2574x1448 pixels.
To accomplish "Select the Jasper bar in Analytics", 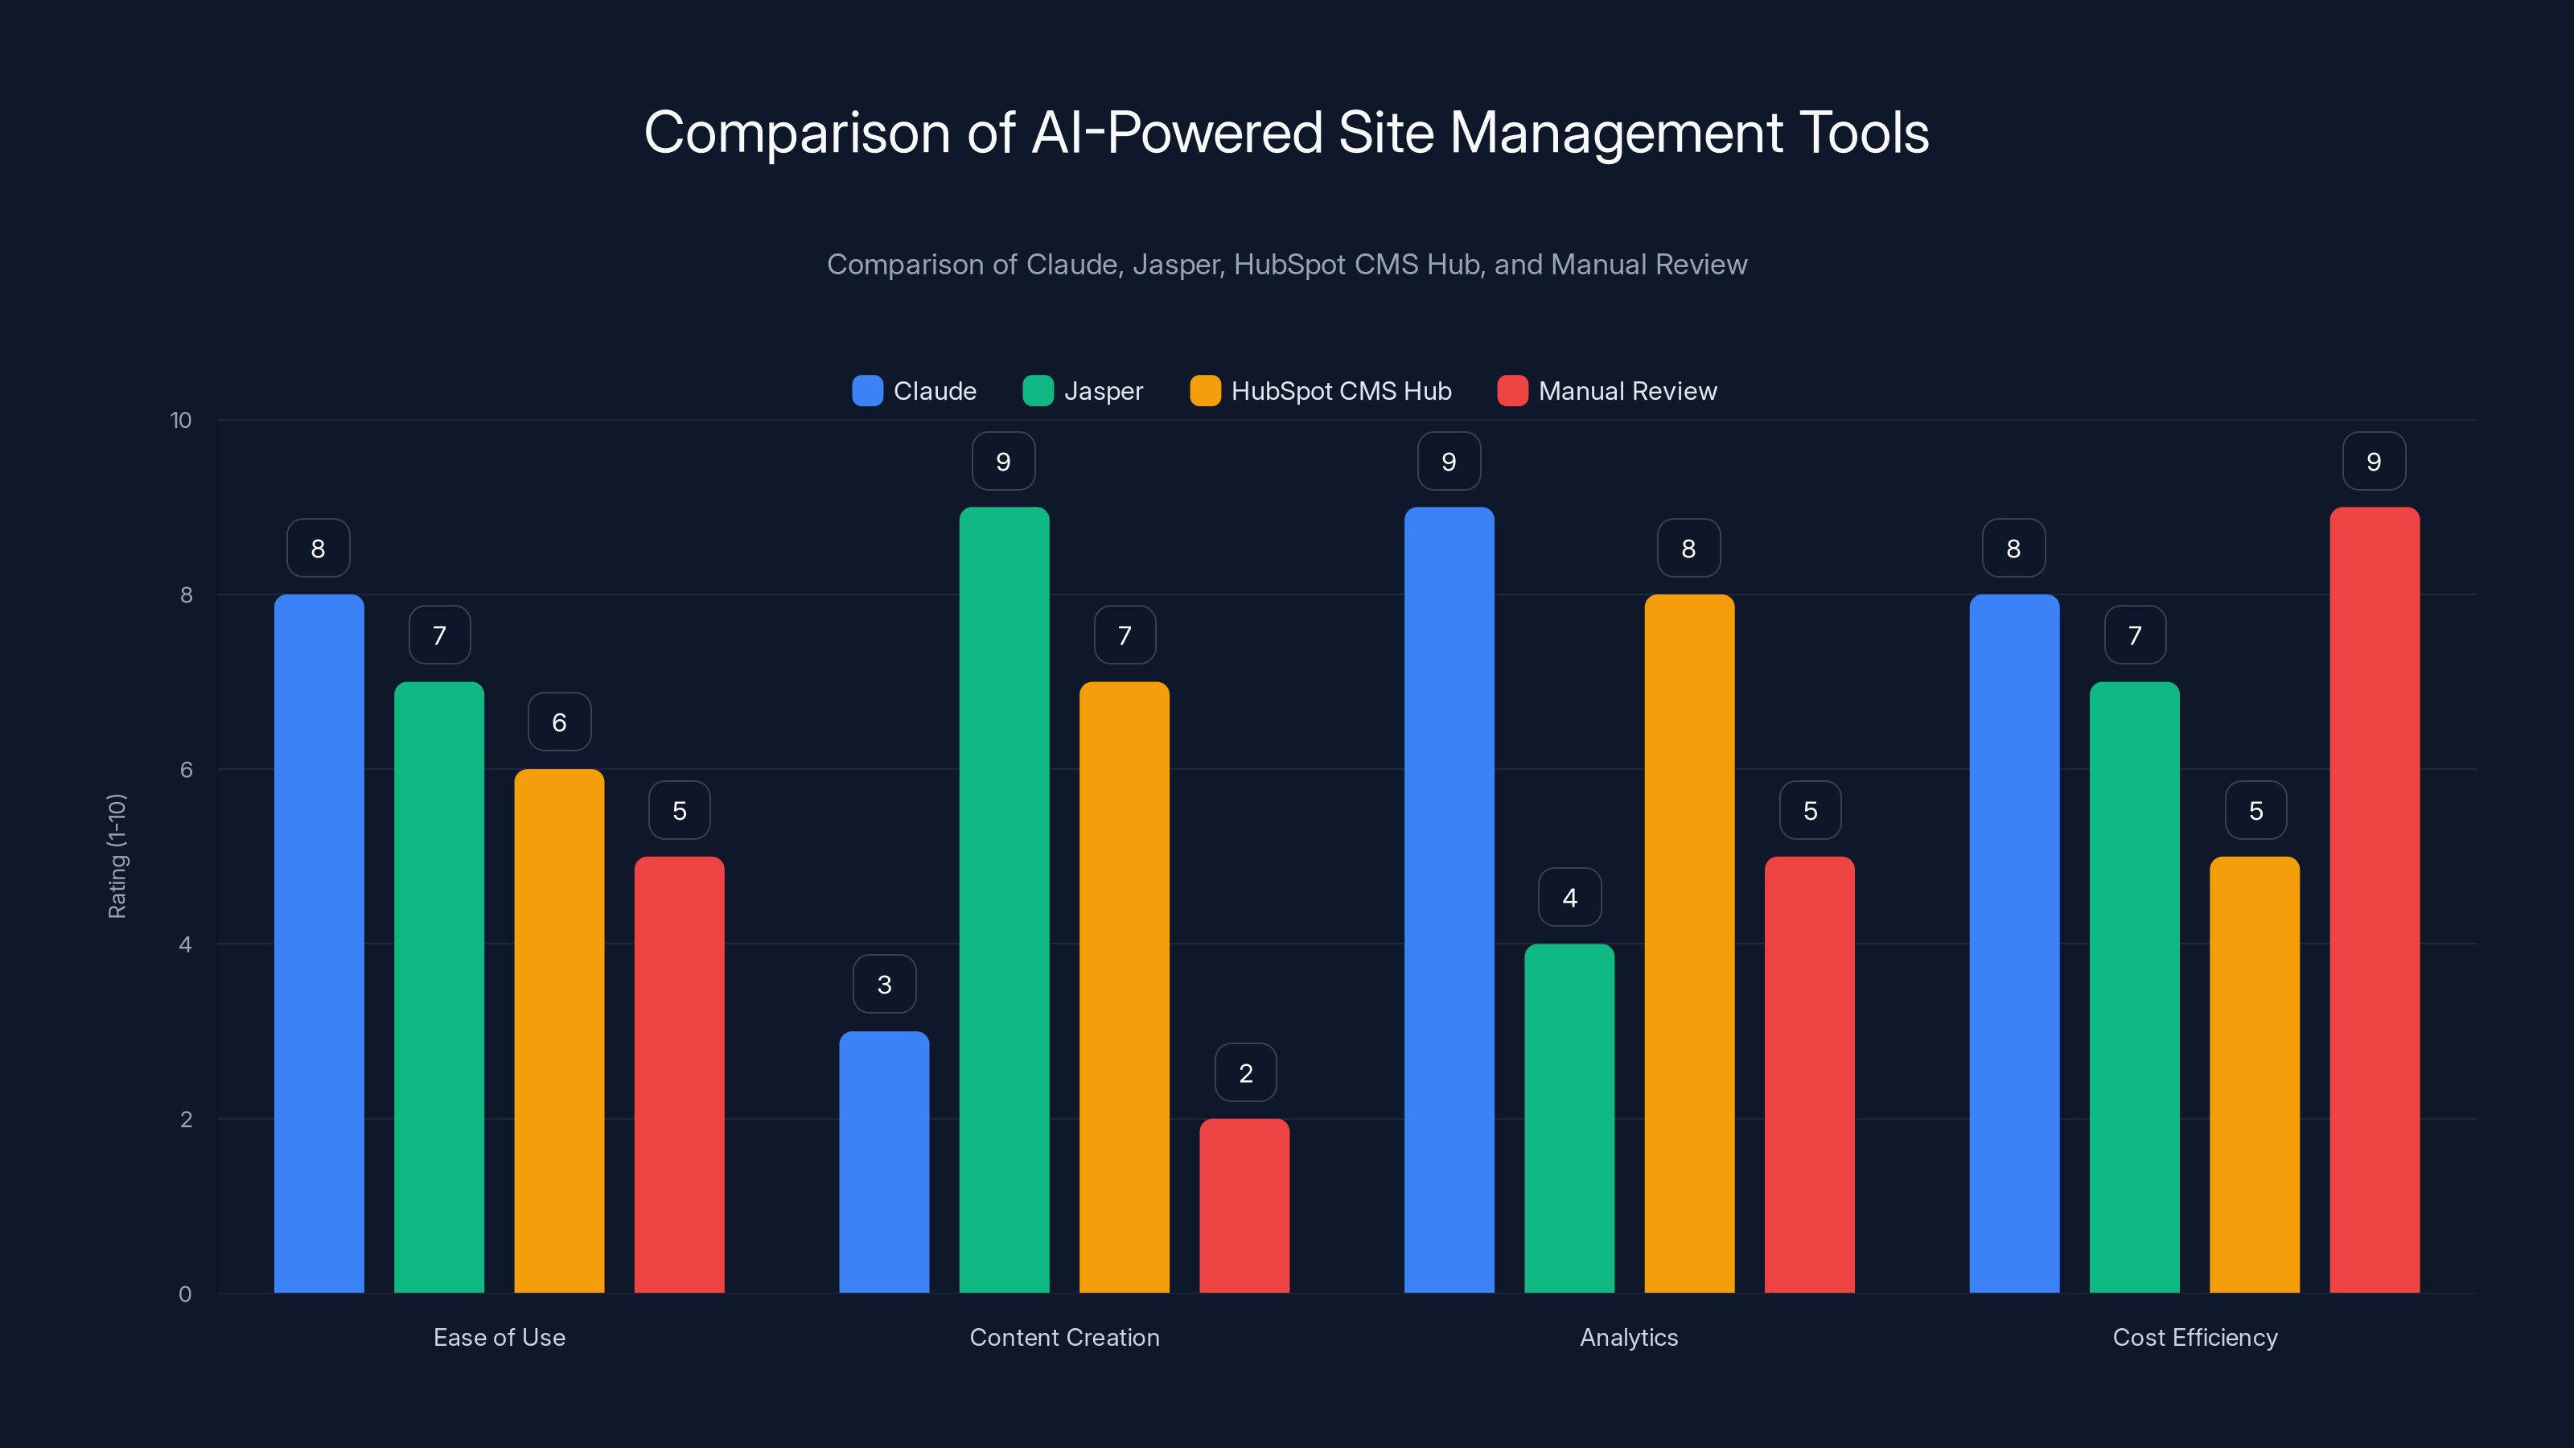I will coord(1569,1118).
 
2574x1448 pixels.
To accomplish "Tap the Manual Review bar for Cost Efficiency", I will coord(2375,899).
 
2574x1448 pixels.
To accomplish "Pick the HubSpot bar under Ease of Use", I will coord(558,1030).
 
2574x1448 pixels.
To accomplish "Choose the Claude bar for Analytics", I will coord(1449,899).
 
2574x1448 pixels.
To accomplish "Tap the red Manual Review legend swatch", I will coord(1512,391).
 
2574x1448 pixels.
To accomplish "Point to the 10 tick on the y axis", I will coord(181,420).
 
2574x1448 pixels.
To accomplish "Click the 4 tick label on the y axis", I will coord(185,944).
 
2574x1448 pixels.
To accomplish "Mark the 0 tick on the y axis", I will coord(185,1294).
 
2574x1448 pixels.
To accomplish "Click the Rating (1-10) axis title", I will coord(117,857).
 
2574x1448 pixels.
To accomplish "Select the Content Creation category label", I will coord(1064,1337).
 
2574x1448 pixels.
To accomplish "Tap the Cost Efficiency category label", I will coord(2194,1337).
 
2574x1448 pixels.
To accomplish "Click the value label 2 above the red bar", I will coord(1245,1073).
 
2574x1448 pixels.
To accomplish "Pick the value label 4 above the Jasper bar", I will coord(1570,898).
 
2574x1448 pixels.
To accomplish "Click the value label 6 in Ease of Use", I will coord(558,722).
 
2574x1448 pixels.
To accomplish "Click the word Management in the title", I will coord(1616,133).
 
